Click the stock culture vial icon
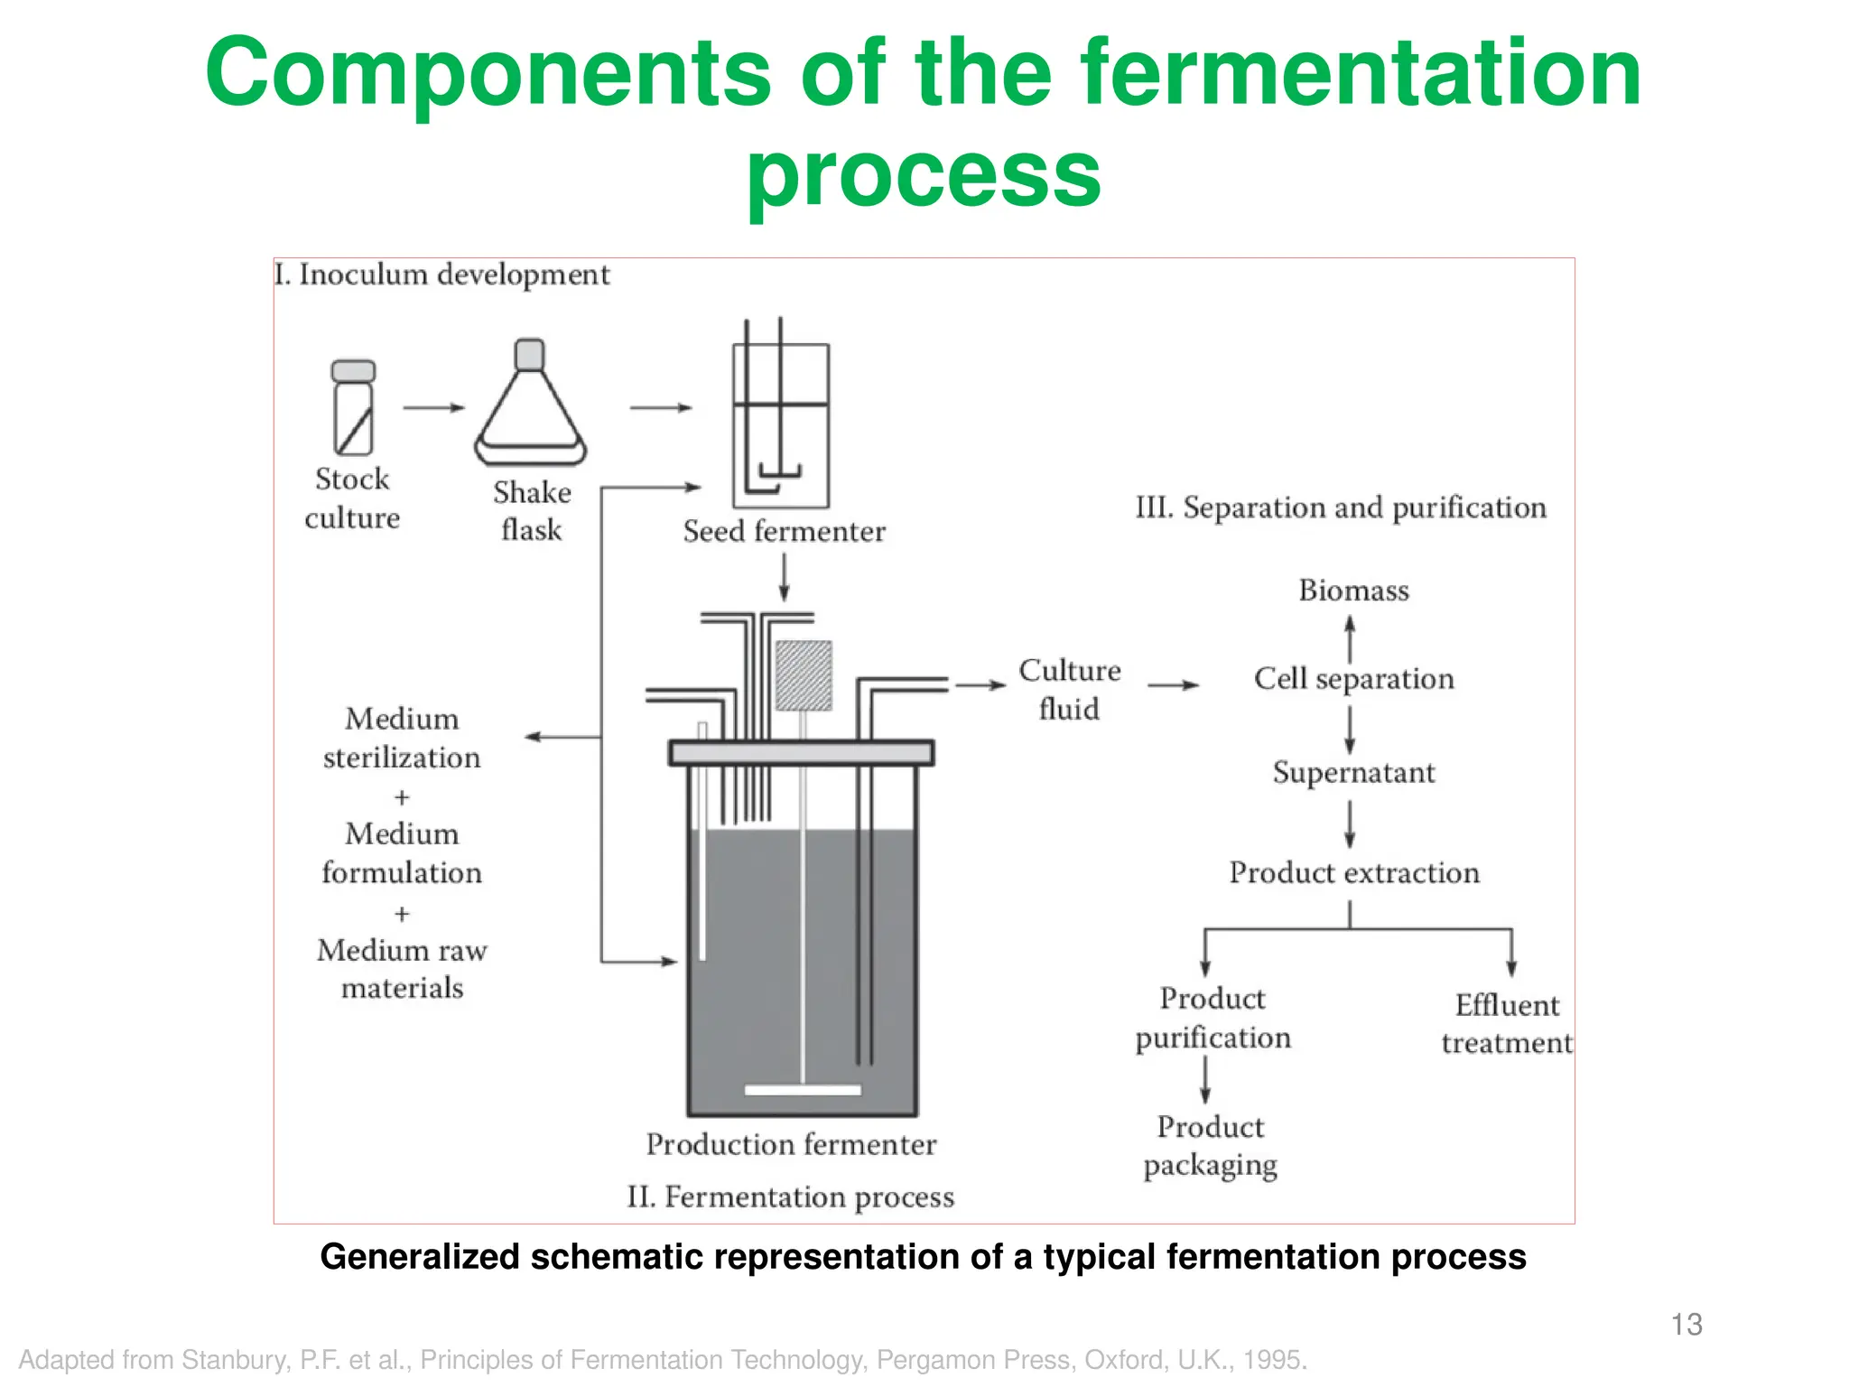click(353, 407)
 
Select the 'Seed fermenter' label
click(784, 531)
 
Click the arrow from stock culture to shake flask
click(433, 408)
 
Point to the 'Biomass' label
click(1353, 591)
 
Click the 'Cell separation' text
click(1353, 678)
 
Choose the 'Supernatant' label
click(1353, 773)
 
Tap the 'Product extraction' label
click(1353, 872)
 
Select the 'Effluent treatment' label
click(1507, 1024)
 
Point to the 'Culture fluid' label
click(1070, 689)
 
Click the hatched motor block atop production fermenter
click(804, 675)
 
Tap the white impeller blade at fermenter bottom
click(803, 1090)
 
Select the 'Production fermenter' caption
click(791, 1144)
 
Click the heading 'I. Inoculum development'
click(442, 275)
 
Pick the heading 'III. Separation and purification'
click(1341, 507)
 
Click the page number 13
click(1686, 1325)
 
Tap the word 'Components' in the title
click(488, 75)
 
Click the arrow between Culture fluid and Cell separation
click(1174, 685)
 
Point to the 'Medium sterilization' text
click(402, 738)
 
